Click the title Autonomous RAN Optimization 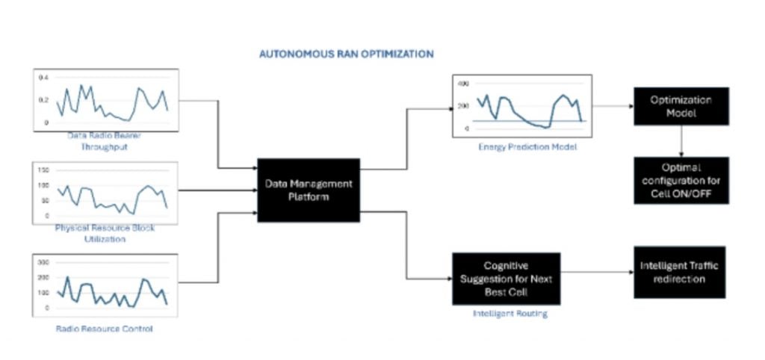(346, 55)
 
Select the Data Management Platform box (308, 190)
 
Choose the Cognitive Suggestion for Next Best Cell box (507, 278)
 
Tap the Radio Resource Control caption (104, 328)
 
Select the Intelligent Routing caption (510, 314)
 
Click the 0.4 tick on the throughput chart (43, 78)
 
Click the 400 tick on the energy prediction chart (462, 84)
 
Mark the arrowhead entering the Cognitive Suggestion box (447, 280)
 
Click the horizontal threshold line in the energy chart (523, 120)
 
